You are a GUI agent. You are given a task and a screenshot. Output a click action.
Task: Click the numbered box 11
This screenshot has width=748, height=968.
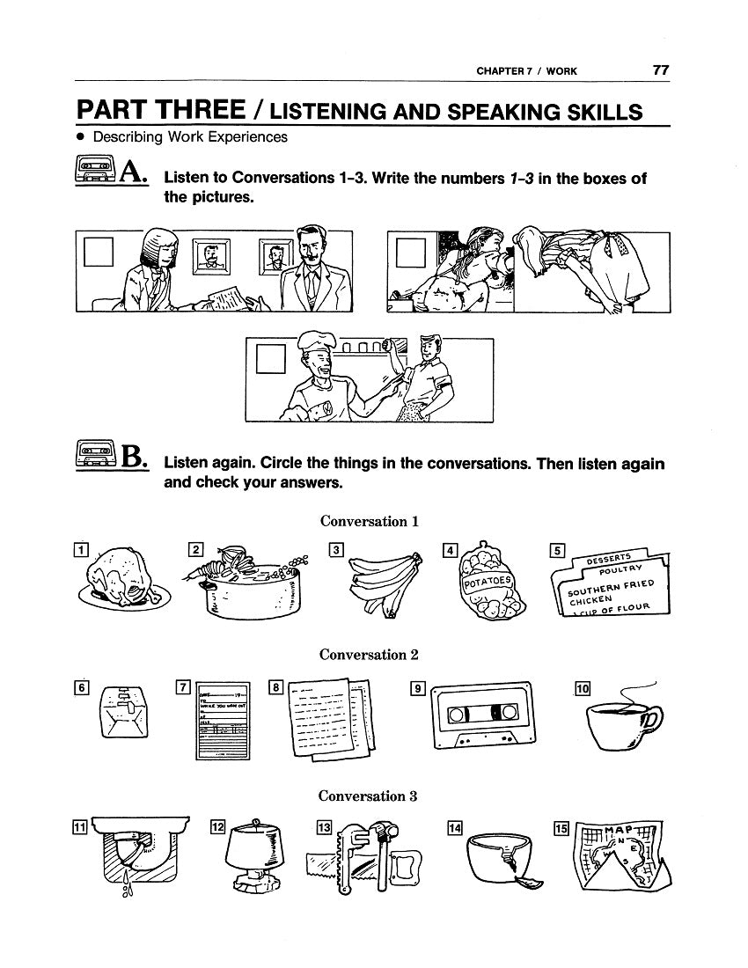click(79, 827)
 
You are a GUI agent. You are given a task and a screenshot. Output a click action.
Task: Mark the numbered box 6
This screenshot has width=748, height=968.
click(80, 688)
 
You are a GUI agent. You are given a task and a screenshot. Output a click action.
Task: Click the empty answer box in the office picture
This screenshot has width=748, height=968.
click(97, 253)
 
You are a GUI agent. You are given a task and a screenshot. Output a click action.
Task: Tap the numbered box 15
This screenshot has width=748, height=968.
click(561, 827)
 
